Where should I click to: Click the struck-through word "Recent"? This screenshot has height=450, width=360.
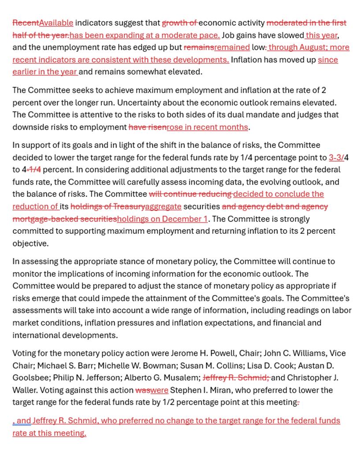[26, 23]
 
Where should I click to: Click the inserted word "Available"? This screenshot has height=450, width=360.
[56, 23]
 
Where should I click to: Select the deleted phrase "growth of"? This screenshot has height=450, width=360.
[179, 23]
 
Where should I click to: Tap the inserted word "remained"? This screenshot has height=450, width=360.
[232, 48]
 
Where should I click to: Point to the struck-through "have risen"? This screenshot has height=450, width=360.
[147, 127]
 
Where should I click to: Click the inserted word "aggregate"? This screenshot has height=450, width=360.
[163, 207]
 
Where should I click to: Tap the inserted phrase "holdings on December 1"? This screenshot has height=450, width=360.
[162, 219]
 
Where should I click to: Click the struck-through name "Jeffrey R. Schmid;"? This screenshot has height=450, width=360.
[236, 378]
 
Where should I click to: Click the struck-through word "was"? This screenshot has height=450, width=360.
[143, 390]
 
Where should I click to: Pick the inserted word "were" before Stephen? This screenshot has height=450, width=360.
[159, 390]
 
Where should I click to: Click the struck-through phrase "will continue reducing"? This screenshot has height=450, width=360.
[190, 194]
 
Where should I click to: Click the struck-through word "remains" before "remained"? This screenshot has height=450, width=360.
[199, 48]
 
